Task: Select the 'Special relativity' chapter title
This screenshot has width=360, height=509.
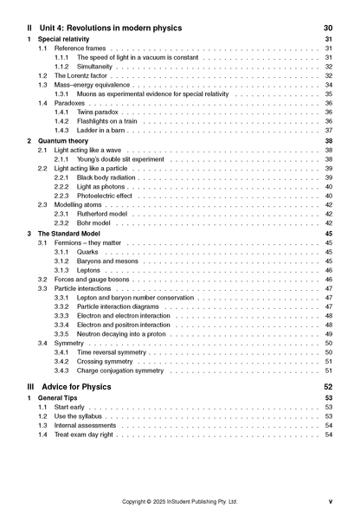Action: (x=68, y=40)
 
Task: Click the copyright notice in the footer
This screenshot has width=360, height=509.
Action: (x=180, y=501)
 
